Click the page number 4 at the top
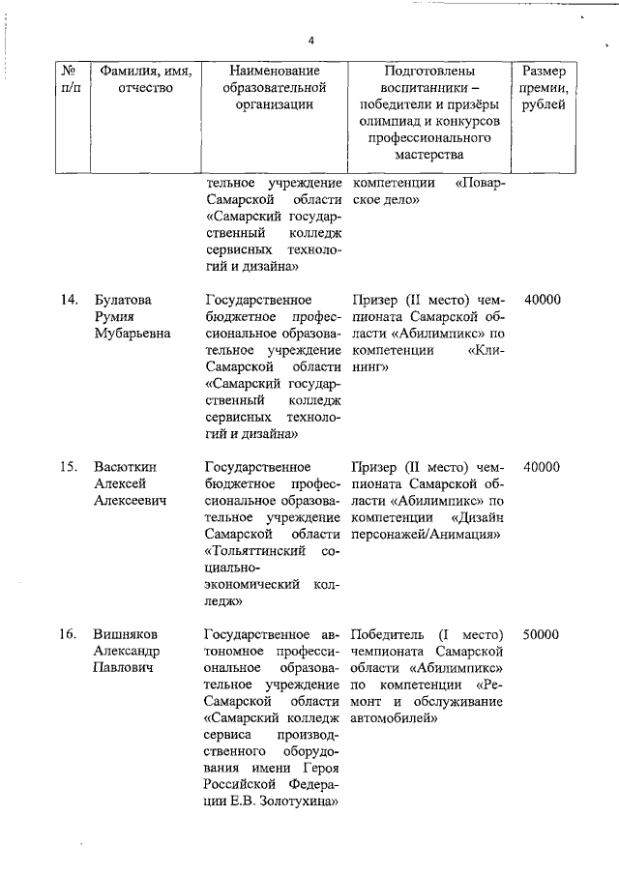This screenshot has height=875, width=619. [310, 40]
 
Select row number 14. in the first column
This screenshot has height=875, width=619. [67, 301]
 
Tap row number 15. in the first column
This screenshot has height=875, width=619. [67, 467]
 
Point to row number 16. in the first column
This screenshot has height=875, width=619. [67, 634]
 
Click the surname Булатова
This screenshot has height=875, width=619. [122, 301]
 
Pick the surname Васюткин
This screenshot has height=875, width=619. [124, 467]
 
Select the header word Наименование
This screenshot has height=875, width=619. [274, 72]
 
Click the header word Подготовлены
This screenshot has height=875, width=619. [429, 72]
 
